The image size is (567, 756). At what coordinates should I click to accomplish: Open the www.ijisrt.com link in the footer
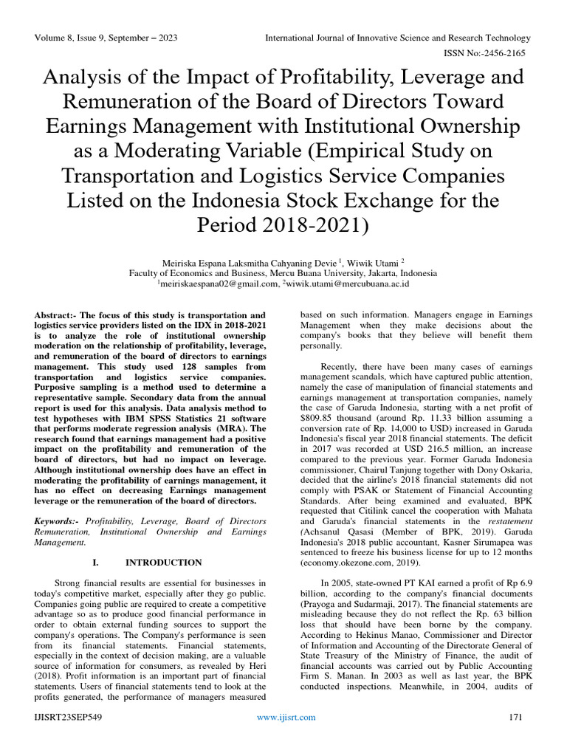[x=286, y=717]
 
